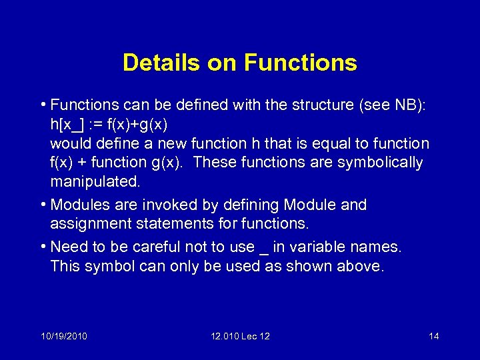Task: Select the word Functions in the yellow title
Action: (301, 63)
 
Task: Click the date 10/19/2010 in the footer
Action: (64, 336)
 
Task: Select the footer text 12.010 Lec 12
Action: (240, 336)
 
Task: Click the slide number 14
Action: (433, 336)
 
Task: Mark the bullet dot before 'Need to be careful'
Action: (43, 247)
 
